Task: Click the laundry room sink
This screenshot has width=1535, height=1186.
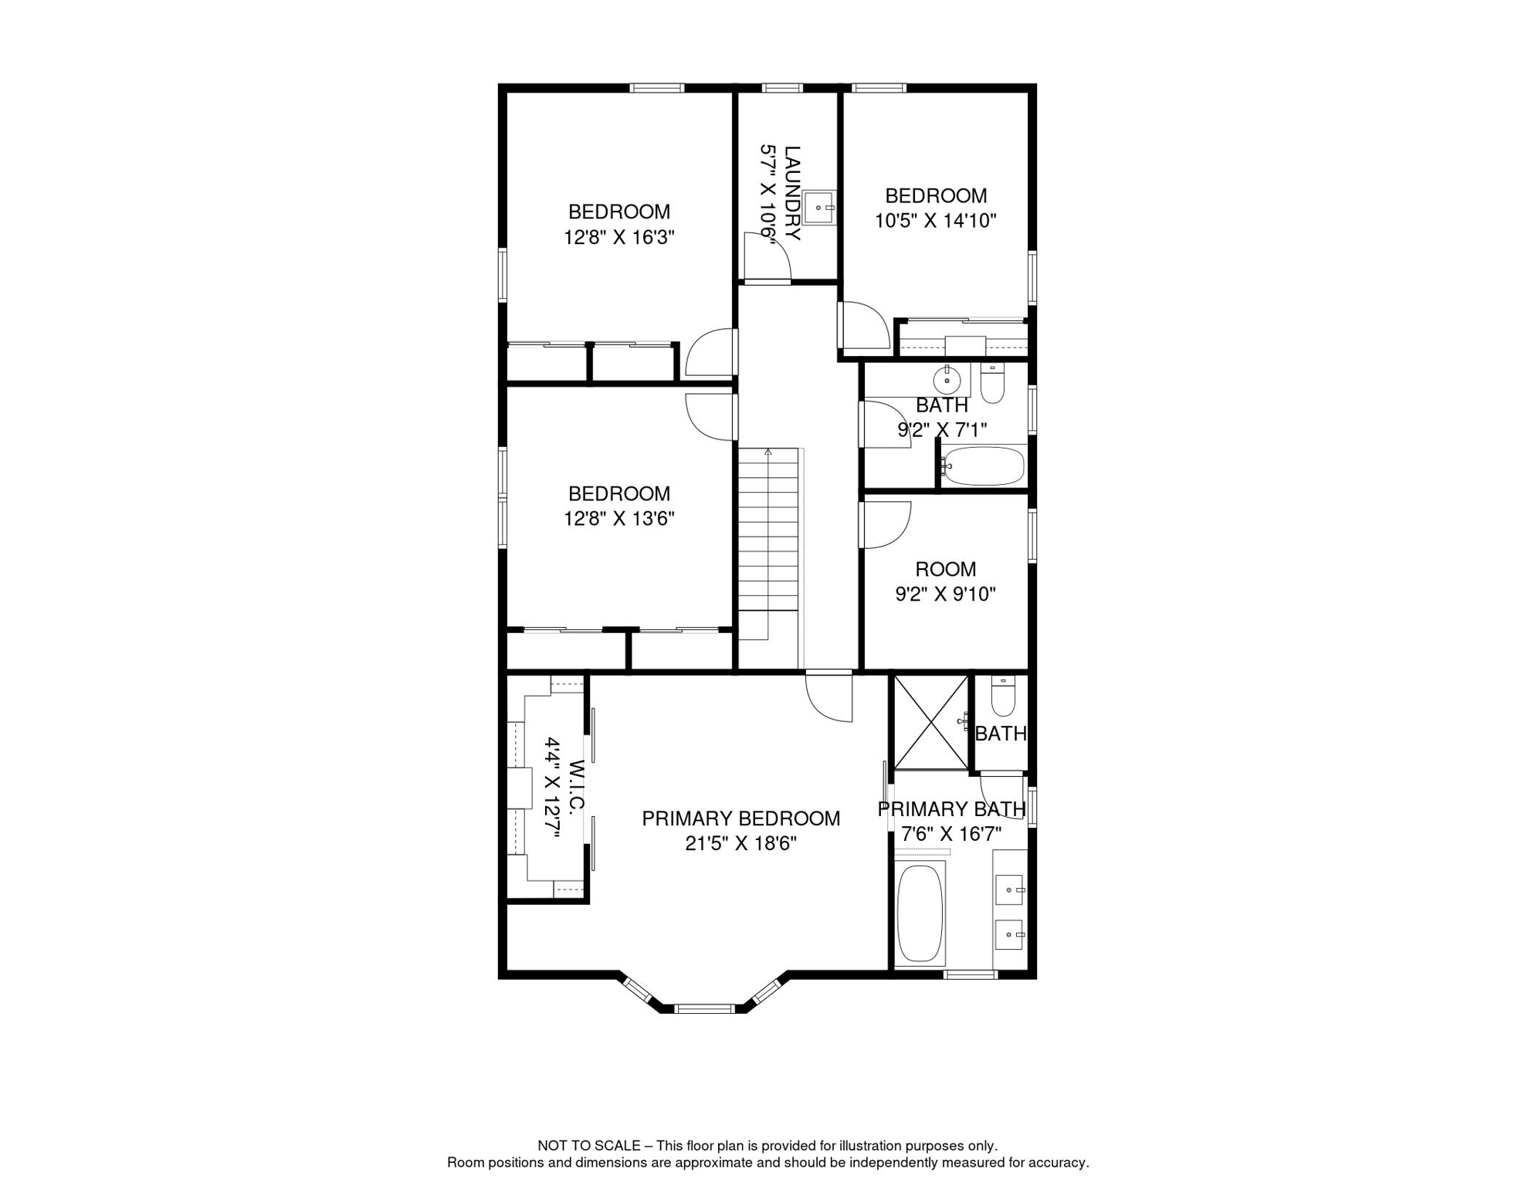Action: point(819,207)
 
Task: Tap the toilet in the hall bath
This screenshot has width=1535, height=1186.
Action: point(992,383)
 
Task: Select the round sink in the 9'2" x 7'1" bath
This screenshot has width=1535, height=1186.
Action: point(947,381)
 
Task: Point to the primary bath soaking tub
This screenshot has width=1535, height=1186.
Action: point(920,913)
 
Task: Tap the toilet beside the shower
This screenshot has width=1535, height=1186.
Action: point(1003,697)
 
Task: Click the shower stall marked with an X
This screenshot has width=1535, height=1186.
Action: point(930,723)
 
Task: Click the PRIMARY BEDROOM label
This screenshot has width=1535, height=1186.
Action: point(741,818)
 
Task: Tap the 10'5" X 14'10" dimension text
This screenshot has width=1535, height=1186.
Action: point(936,221)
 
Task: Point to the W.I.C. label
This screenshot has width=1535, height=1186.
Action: point(577,787)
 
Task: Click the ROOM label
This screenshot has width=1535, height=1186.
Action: point(946,569)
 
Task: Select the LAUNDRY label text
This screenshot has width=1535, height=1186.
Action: point(793,193)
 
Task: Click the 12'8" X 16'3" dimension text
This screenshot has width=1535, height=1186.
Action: point(619,237)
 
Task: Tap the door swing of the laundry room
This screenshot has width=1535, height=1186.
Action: point(767,256)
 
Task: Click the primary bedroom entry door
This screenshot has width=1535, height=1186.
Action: point(829,696)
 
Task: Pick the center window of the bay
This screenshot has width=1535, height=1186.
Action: point(704,1008)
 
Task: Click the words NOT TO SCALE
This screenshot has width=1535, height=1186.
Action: point(589,1146)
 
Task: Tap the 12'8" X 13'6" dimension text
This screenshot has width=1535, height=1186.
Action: point(619,519)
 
